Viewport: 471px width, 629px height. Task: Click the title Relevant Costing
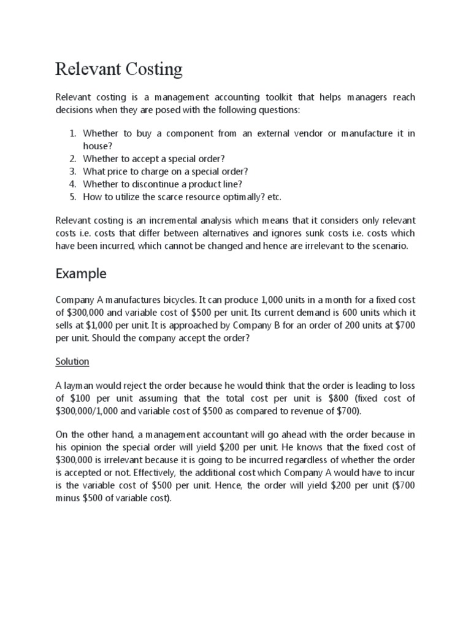[119, 69]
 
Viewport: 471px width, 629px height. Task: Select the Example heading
[81, 273]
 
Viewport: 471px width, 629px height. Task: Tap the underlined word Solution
[72, 361]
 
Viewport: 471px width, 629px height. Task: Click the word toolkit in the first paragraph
[283, 98]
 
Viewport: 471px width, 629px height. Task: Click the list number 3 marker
[72, 171]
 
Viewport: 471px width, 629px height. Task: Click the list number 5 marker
[72, 197]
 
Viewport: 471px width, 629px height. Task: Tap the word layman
[84, 385]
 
